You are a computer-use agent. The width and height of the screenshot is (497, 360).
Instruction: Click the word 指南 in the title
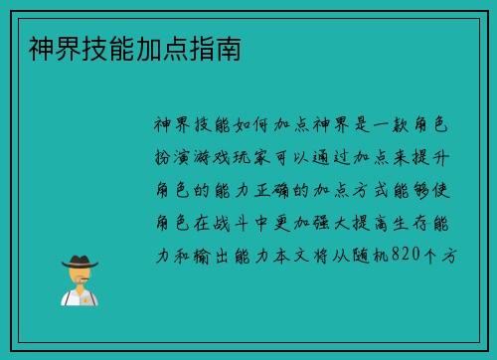click(226, 48)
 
